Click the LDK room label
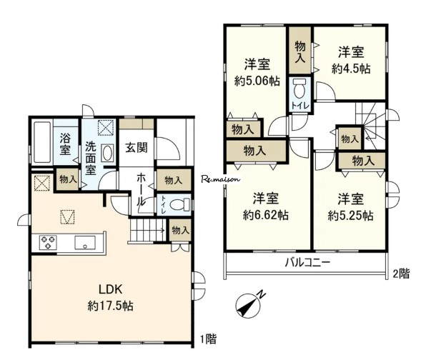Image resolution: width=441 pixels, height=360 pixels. tap(110, 289)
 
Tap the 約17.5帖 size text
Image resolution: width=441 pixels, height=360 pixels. tap(110, 306)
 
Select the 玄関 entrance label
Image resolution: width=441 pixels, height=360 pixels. tap(137, 147)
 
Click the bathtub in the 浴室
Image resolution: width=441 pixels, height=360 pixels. tap(42, 142)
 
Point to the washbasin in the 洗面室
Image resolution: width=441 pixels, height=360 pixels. tap(107, 154)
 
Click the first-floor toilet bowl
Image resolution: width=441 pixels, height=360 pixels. tap(180, 204)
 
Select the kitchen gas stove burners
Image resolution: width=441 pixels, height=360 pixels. tap(48, 243)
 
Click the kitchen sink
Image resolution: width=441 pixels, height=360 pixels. tap(85, 243)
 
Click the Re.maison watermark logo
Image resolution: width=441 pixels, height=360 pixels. tap(221, 179)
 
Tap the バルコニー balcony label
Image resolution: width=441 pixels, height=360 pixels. tap(307, 263)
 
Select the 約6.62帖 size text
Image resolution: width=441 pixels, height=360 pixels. tap(266, 215)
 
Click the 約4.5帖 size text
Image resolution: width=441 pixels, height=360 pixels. tap(351, 69)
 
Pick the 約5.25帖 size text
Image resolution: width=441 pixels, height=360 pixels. tap(351, 216)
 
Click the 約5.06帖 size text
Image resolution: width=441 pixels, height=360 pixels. tap(257, 81)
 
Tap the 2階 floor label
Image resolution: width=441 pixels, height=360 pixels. tap(401, 274)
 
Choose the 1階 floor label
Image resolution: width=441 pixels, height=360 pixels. tap(208, 339)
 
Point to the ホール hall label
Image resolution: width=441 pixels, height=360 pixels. tap(142, 190)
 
